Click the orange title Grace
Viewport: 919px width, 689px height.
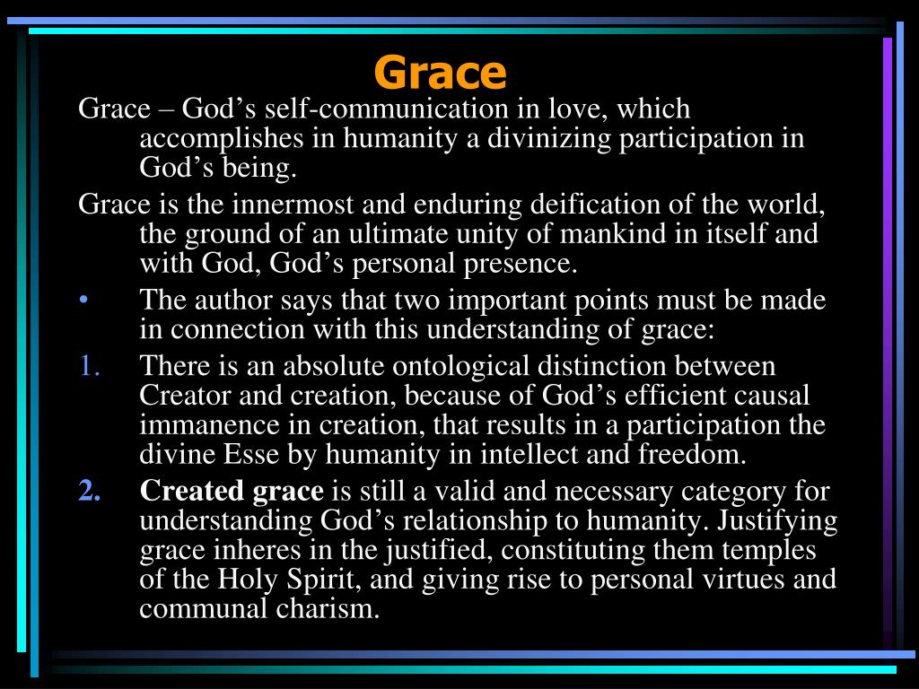[x=440, y=72]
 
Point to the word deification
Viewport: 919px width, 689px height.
[x=585, y=205]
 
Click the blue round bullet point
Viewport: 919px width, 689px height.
[x=83, y=301]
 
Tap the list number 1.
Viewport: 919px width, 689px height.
[x=88, y=366]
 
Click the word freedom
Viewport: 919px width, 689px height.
[x=691, y=454]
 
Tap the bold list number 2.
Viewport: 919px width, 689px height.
[x=88, y=491]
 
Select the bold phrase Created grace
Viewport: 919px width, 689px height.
[x=232, y=491]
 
